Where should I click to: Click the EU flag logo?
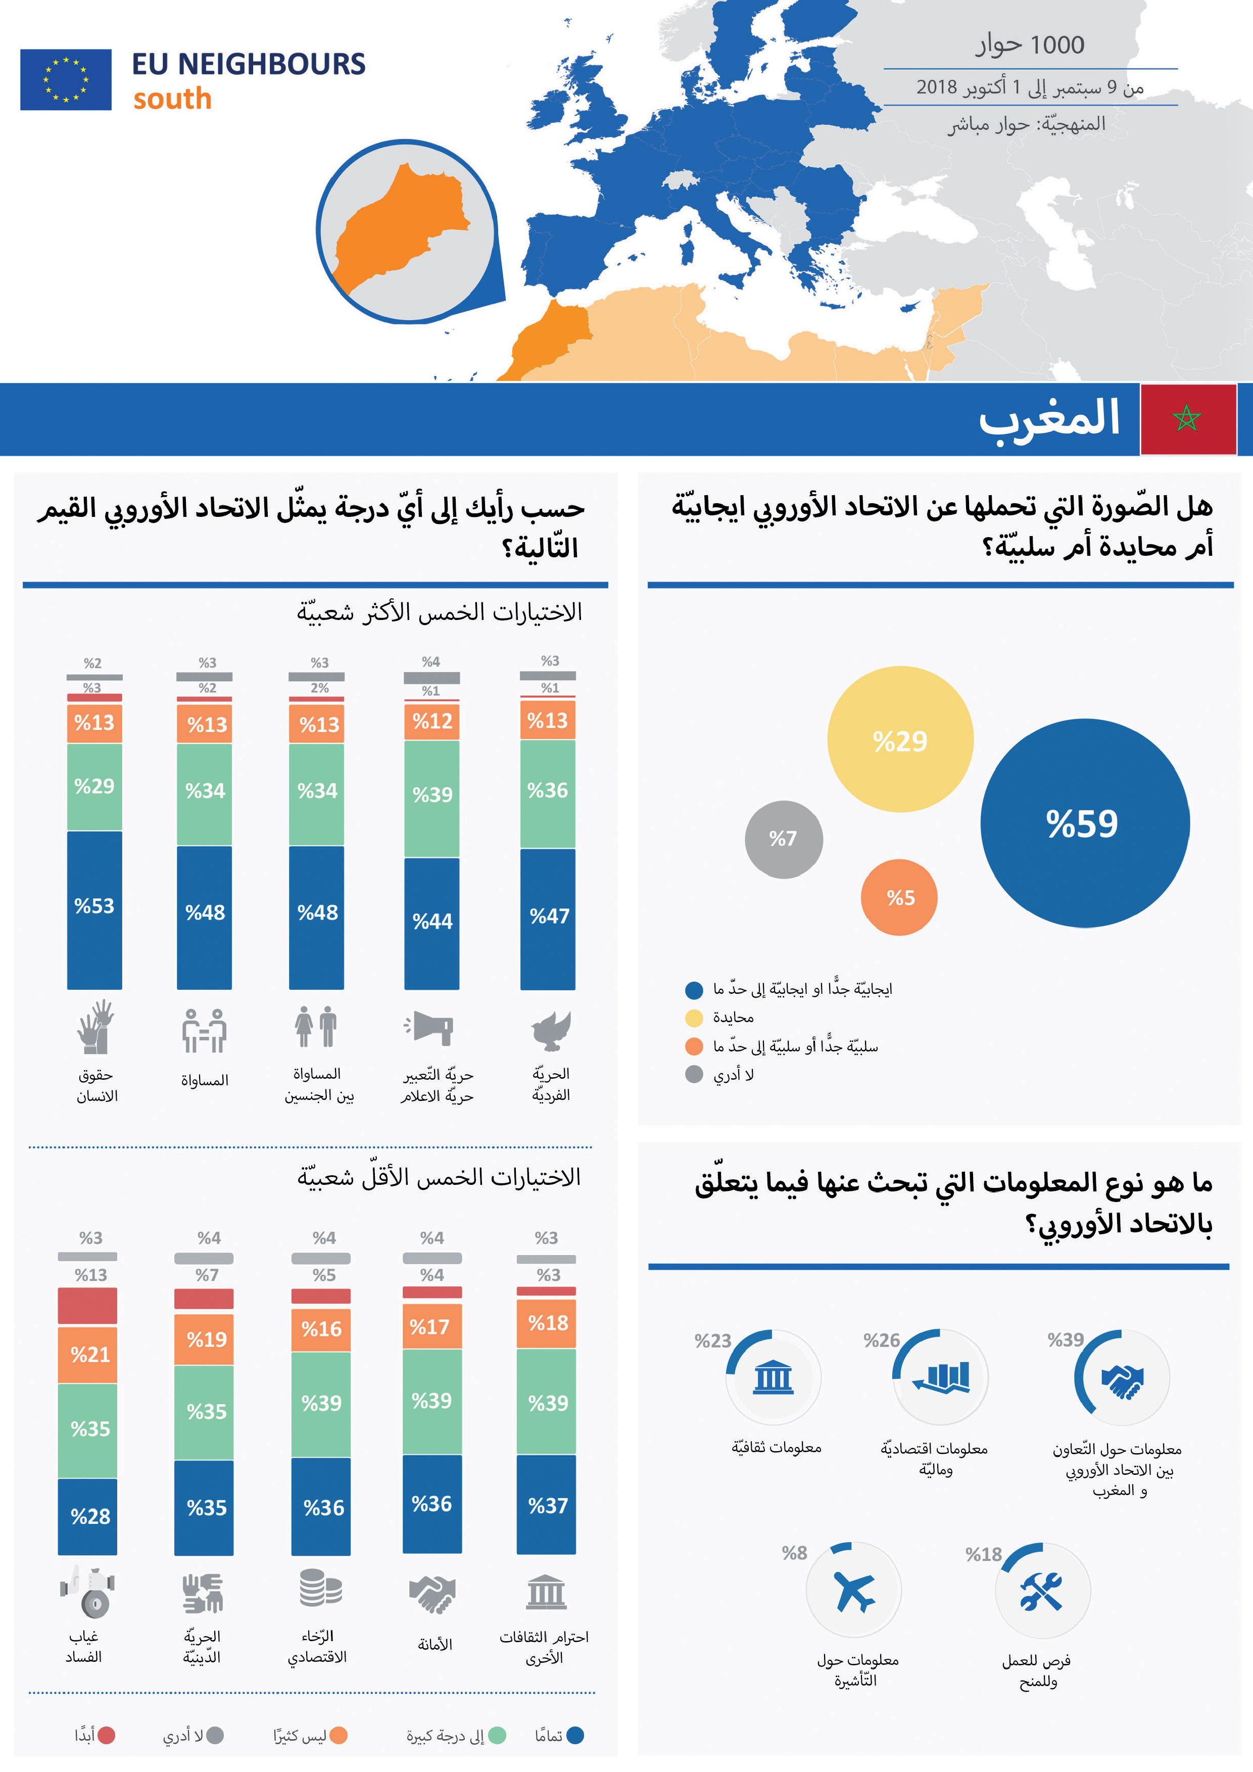66,79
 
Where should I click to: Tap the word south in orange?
172,99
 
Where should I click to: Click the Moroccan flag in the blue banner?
1187,419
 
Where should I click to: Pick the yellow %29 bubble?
900,739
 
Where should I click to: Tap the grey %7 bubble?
783,839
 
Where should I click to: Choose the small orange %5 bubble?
899,897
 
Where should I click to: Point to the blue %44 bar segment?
431,922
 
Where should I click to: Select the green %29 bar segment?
94,786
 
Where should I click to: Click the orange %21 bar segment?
88,1355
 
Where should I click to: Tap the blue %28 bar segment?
88,1516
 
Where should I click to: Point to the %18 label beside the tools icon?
983,1554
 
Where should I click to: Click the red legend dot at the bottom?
107,1735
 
